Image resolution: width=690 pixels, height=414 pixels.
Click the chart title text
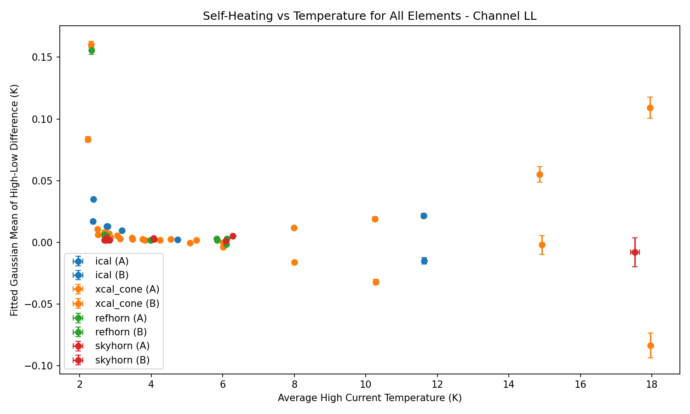[369, 16]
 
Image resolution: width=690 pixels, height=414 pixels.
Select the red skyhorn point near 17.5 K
[635, 252]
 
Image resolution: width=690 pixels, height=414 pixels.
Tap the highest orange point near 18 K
[650, 108]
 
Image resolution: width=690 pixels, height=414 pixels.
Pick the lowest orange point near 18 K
[650, 345]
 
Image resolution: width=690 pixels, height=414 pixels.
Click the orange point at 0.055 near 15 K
[540, 174]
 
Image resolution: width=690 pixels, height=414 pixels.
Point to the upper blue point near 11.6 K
[424, 216]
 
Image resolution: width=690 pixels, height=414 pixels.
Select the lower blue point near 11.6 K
[424, 261]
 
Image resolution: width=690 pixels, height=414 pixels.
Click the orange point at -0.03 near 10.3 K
[376, 282]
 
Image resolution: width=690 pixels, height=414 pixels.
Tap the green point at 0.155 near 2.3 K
[92, 50]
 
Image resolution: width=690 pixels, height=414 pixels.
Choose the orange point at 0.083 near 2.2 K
[88, 139]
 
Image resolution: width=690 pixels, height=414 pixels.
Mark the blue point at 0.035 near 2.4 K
[93, 199]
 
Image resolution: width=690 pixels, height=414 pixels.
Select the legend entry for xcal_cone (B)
[127, 304]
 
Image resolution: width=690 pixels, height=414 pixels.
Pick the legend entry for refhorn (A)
[121, 318]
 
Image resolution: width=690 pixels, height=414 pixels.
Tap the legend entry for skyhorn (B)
[122, 360]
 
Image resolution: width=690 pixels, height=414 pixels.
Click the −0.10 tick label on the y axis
[44, 366]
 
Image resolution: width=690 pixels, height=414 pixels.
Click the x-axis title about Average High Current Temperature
[369, 398]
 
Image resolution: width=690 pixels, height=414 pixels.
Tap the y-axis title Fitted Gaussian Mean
[15, 200]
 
